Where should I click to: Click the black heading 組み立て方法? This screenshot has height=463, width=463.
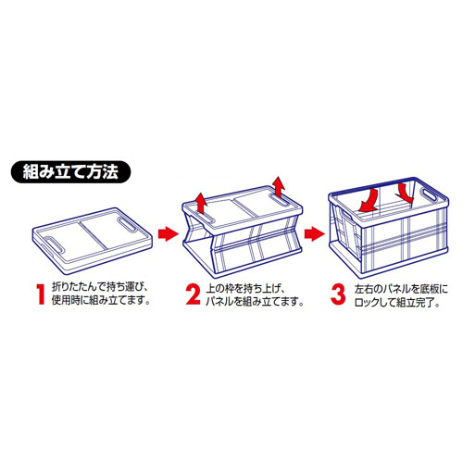coord(70,172)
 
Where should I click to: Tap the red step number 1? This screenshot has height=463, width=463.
coord(41,294)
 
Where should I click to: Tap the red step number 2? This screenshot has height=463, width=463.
coord(194,294)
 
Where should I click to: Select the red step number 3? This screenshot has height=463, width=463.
coord(338,294)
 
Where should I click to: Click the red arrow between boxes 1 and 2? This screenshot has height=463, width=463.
coord(169,233)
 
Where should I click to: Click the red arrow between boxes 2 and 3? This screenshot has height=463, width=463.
coord(314,233)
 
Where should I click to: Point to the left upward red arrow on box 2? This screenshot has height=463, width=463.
coord(201,204)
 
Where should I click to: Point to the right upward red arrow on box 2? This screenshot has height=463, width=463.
coord(280,187)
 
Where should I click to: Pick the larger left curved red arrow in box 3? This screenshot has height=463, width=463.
coord(369,201)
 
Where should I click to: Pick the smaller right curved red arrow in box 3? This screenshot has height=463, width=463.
coord(405,193)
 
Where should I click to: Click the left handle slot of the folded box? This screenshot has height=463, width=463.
coord(54,244)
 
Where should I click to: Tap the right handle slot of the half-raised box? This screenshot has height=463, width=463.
coord(281,200)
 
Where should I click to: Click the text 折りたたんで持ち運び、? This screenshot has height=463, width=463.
coord(100,287)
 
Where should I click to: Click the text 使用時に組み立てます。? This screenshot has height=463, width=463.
coord(101,300)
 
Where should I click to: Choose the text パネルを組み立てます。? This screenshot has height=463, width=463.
coord(255,302)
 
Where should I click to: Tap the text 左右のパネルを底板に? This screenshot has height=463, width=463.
coord(401,289)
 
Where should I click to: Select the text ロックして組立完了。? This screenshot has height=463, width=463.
coord(397,302)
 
